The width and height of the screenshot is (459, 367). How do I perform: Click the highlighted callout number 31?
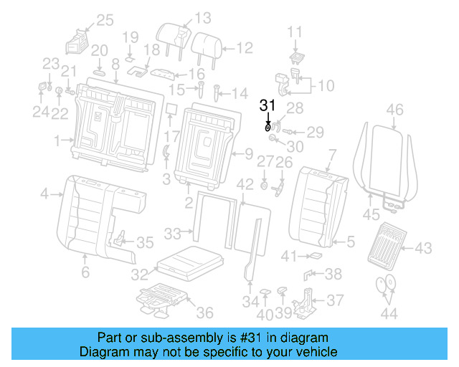click(x=267, y=105)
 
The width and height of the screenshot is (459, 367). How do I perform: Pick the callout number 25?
click(x=105, y=20)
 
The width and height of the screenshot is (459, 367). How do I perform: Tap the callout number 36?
click(x=204, y=313)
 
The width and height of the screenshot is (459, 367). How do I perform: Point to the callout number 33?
click(x=173, y=233)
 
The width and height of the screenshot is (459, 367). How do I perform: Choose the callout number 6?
click(x=85, y=272)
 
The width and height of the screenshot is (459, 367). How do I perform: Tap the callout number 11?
click(x=295, y=32)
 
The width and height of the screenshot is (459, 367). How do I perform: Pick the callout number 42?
click(x=245, y=184)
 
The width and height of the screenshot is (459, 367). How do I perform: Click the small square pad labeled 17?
click(x=171, y=109)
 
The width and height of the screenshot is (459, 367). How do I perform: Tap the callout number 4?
click(x=45, y=193)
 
